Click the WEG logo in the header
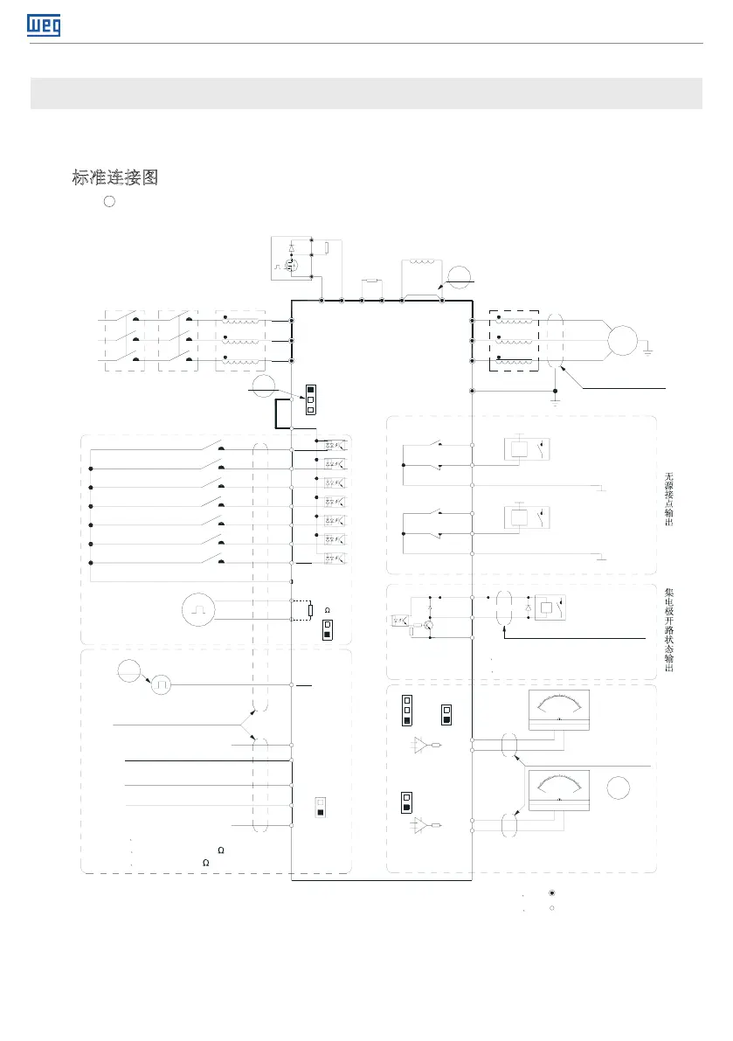(x=45, y=26)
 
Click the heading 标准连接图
(x=114, y=178)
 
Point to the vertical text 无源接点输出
(x=669, y=499)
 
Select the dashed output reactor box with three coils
(x=515, y=342)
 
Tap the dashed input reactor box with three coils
(x=239, y=342)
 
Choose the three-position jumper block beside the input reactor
(x=310, y=399)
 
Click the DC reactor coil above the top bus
(x=422, y=265)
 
